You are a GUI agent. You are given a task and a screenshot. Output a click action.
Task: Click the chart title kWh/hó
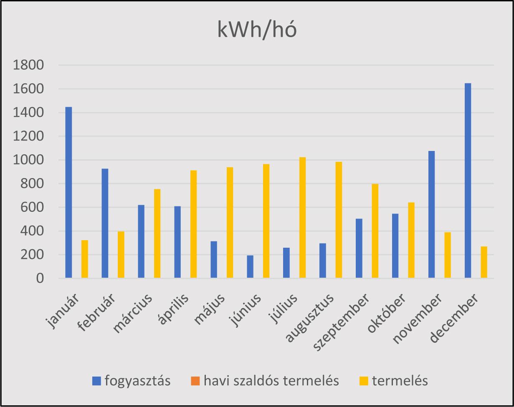[257, 30]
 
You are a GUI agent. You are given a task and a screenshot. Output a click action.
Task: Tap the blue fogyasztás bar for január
[68, 192]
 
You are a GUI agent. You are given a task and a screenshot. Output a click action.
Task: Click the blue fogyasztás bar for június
[250, 266]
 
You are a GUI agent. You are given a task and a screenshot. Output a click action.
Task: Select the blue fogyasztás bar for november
[431, 214]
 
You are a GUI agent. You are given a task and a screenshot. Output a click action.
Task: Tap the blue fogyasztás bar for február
[105, 223]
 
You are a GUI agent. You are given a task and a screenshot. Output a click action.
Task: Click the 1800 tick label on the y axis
[28, 65]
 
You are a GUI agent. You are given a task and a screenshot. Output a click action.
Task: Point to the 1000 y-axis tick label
[28, 160]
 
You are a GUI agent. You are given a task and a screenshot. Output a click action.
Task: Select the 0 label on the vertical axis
[40, 279]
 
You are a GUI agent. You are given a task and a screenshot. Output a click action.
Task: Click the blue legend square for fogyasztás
[97, 381]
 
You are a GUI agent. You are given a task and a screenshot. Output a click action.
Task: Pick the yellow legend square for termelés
[364, 381]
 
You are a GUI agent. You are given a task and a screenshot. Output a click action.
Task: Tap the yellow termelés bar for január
[85, 259]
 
